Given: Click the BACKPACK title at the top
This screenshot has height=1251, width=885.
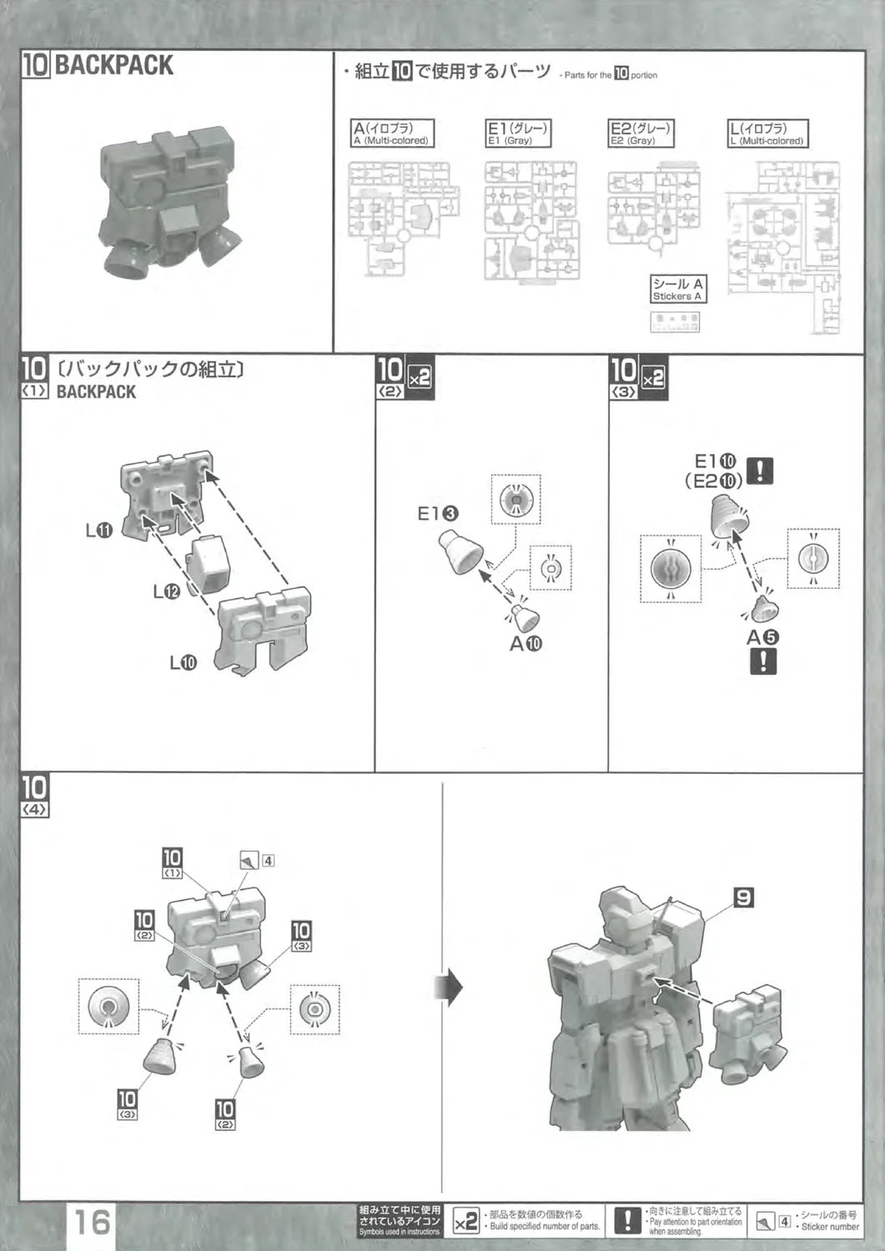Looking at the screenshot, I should pyautogui.click(x=113, y=65).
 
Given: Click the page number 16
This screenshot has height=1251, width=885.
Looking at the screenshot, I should pyautogui.click(x=93, y=1223).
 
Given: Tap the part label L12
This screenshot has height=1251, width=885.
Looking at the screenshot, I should pyautogui.click(x=166, y=591).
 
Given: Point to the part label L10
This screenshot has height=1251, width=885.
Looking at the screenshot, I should pyautogui.click(x=183, y=663).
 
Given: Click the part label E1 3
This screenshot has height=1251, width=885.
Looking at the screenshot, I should pyautogui.click(x=438, y=514).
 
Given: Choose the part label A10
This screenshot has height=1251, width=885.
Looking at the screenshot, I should pyautogui.click(x=525, y=643).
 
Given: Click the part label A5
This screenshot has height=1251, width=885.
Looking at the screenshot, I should pyautogui.click(x=762, y=636).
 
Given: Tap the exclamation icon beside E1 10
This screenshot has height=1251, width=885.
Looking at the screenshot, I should pyautogui.click(x=759, y=471).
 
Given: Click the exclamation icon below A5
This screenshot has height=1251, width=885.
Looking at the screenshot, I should pyautogui.click(x=762, y=661).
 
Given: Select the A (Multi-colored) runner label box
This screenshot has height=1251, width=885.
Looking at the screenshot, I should pyautogui.click(x=392, y=133).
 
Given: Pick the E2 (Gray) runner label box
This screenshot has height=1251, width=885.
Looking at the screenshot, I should pyautogui.click(x=641, y=133).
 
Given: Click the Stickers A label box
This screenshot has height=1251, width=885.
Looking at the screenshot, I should pyautogui.click(x=677, y=289).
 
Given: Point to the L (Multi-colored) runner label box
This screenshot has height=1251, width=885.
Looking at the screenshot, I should pyautogui.click(x=767, y=133).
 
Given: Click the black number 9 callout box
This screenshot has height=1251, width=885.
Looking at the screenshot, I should pyautogui.click(x=742, y=897).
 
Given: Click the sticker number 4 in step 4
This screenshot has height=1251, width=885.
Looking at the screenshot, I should pyautogui.click(x=268, y=861).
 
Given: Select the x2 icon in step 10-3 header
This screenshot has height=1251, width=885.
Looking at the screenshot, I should pyautogui.click(x=653, y=377).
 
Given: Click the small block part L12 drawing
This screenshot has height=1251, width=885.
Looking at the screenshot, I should pyautogui.click(x=209, y=564).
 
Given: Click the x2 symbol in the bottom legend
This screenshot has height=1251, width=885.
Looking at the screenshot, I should pyautogui.click(x=466, y=1223).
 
